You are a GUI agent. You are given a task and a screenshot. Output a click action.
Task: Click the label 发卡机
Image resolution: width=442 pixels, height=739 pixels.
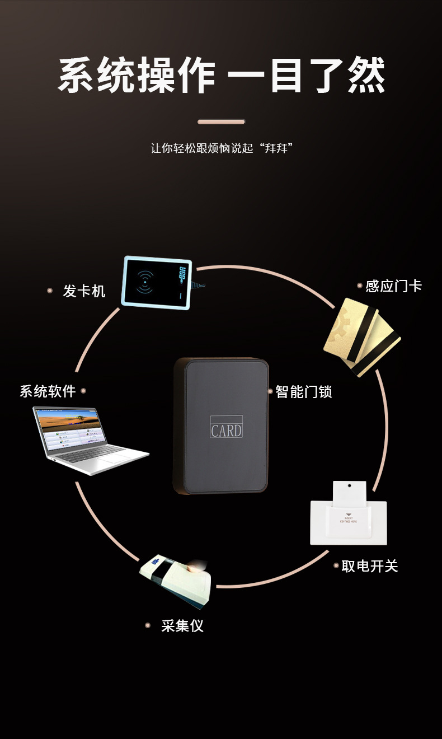tap(84, 291)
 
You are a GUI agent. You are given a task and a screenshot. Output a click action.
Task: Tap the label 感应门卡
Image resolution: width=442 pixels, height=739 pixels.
tap(393, 286)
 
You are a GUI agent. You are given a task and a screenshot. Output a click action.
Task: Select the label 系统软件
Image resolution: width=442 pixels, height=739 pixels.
tap(48, 391)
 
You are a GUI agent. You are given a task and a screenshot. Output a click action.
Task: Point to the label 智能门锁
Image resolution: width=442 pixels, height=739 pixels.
tap(304, 391)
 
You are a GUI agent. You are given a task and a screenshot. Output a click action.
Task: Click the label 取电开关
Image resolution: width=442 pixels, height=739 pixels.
tap(369, 566)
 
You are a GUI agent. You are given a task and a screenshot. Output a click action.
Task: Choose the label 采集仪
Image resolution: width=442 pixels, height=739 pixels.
tap(182, 625)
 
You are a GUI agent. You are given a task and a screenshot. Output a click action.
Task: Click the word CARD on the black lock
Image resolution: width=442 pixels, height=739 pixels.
tap(226, 431)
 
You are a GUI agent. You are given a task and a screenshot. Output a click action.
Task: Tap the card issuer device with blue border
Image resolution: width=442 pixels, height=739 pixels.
tap(157, 283)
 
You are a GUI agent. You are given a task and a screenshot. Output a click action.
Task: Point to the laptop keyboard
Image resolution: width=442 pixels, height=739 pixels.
tap(95, 453)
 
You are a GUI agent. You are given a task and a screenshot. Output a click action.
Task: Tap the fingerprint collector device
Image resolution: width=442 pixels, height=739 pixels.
tap(176, 579)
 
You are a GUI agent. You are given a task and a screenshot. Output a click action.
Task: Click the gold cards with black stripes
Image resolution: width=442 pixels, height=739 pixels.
tap(361, 336)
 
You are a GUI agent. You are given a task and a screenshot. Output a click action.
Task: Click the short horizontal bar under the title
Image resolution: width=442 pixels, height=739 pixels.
tap(221, 121)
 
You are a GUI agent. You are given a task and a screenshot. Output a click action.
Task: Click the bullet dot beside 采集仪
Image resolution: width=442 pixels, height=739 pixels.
tap(148, 625)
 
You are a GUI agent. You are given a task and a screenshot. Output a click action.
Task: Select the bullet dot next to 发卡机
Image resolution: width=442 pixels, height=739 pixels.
tap(50, 291)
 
